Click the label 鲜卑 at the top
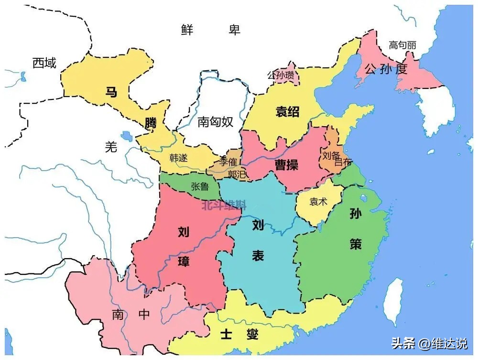(x=210, y=30)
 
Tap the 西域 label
(x=44, y=63)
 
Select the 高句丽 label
(x=402, y=45)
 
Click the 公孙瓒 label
(x=281, y=75)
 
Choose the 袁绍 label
(x=288, y=112)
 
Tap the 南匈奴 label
(x=215, y=122)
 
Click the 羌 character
(x=111, y=148)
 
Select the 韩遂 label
(x=179, y=157)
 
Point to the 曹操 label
(x=286, y=165)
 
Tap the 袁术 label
(x=318, y=201)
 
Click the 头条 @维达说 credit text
(x=429, y=343)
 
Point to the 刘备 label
(x=331, y=155)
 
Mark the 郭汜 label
(x=237, y=175)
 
